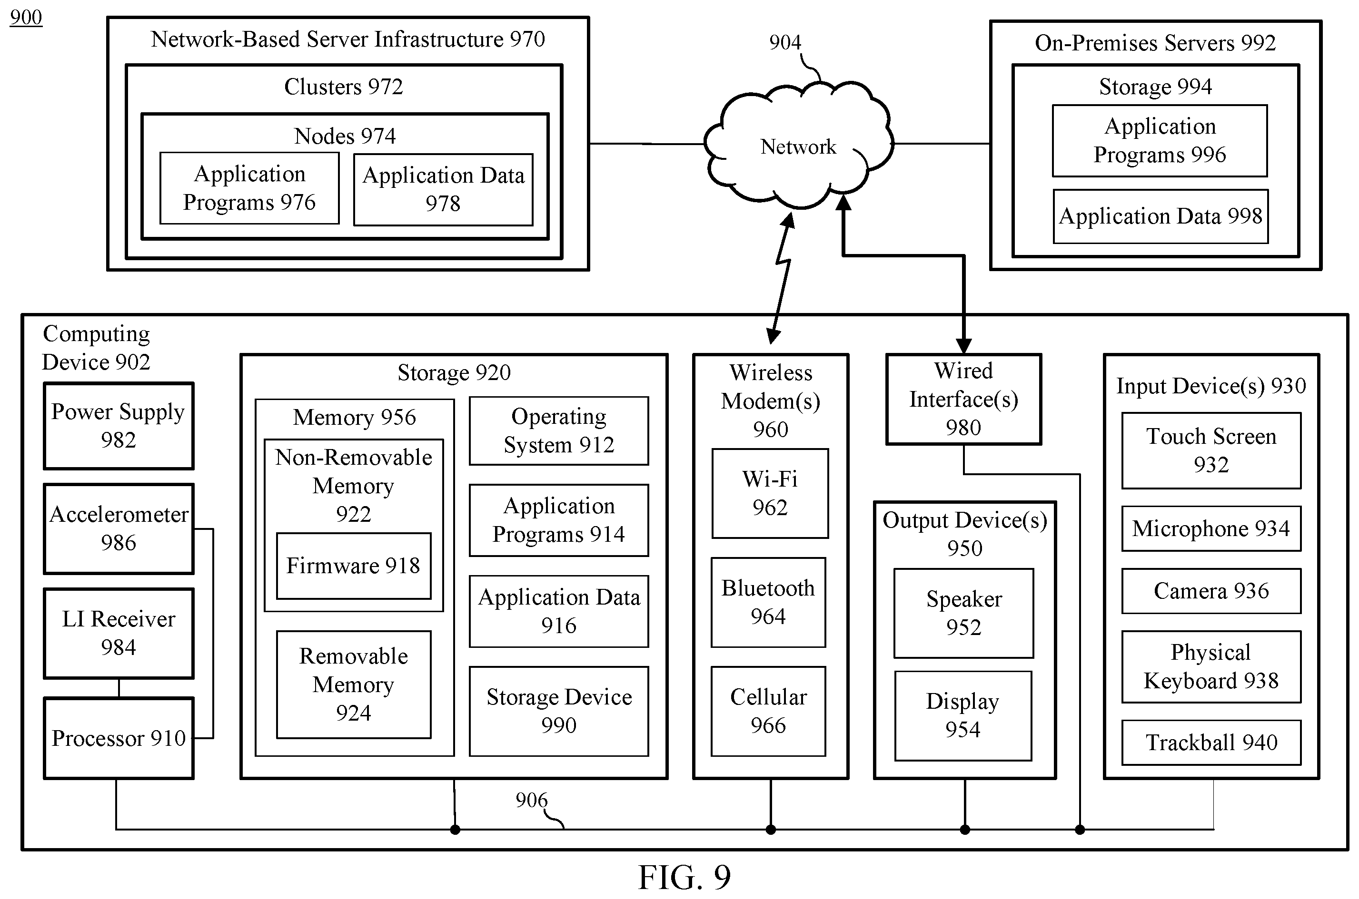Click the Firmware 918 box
pos(353,566)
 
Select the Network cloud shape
pos(799,145)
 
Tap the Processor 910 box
pos(119,738)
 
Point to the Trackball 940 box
pos(1211,743)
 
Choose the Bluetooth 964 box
pos(768,602)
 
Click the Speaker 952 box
pos(964,613)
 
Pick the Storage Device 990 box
pos(559,711)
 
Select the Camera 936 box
pos(1211,591)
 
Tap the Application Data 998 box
pos(1161,216)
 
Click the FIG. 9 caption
pos(684,877)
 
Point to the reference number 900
pos(26,17)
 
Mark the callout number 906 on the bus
pos(531,800)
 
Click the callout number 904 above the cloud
pos(785,42)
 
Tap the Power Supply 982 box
pos(119,426)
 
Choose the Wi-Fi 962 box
pos(770,493)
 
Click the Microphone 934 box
pos(1211,528)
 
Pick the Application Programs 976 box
pos(249,188)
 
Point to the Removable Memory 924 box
pos(353,684)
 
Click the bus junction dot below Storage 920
pos(455,830)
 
